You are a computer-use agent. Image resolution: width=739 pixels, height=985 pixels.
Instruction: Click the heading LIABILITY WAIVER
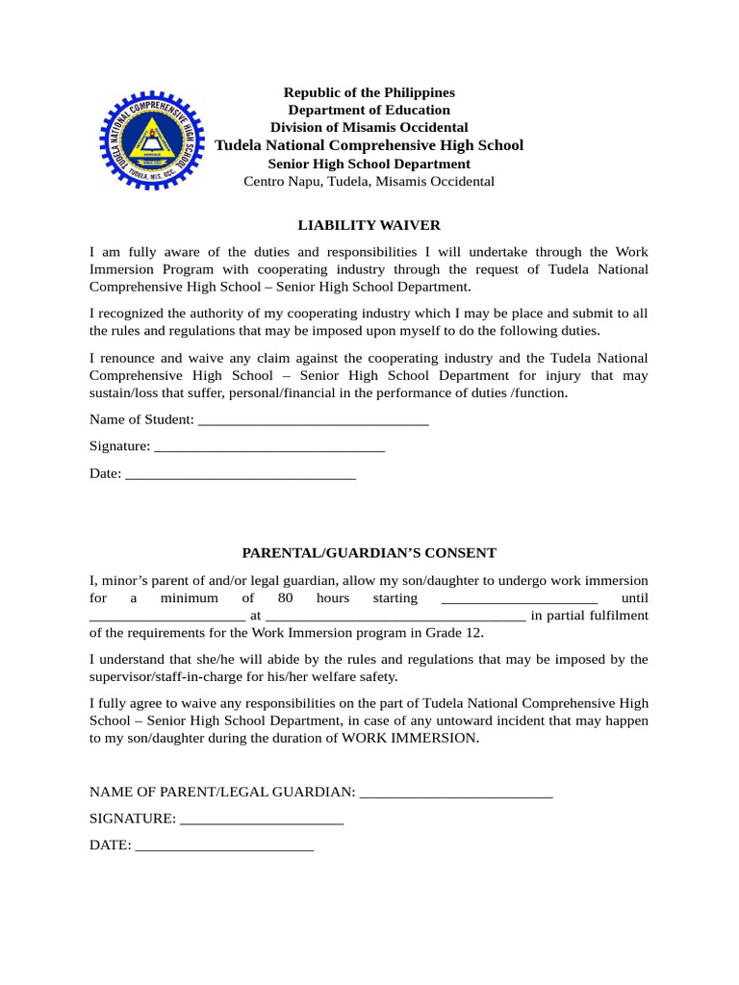(x=369, y=225)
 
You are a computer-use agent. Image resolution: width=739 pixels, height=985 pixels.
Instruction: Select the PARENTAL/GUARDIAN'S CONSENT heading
(x=369, y=553)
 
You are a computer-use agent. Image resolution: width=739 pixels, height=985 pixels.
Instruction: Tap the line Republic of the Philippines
(x=369, y=92)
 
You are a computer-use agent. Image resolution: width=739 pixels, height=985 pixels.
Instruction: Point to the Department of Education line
(x=369, y=110)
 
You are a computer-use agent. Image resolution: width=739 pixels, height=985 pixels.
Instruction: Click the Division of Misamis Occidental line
(x=369, y=127)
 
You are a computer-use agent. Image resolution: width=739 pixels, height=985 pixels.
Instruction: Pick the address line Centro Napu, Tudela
(x=369, y=181)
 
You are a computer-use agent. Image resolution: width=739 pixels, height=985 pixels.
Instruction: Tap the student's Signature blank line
(x=269, y=447)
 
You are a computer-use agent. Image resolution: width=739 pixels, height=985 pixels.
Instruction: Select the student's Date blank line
(x=241, y=474)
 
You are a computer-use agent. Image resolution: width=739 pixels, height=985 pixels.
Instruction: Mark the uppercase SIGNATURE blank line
(x=262, y=820)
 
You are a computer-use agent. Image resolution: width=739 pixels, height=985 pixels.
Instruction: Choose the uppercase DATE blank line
(x=224, y=846)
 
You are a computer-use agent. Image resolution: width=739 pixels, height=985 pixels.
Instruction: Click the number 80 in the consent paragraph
(x=285, y=598)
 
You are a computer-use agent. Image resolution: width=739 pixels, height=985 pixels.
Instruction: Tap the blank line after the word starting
(x=519, y=598)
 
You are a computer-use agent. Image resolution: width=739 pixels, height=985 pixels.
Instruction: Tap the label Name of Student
(x=140, y=420)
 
